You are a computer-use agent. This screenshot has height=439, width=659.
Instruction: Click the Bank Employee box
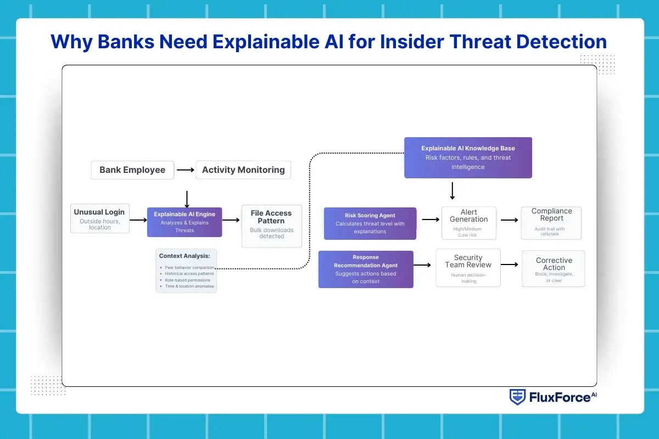(132, 170)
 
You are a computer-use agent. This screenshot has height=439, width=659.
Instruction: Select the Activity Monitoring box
(243, 170)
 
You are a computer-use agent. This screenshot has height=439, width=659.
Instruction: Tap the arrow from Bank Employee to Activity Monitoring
(186, 170)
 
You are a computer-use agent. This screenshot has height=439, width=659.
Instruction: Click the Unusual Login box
(99, 218)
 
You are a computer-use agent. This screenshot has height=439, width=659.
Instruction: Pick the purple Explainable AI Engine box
(185, 222)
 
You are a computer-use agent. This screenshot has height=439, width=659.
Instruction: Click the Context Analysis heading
(185, 256)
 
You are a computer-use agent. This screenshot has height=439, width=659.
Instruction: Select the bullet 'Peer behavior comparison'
(189, 267)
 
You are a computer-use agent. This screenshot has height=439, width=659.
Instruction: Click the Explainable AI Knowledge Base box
(468, 157)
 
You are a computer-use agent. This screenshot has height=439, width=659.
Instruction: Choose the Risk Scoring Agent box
(370, 223)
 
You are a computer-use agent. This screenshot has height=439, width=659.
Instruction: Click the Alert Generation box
(468, 223)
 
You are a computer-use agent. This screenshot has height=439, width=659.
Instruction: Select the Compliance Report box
(551, 223)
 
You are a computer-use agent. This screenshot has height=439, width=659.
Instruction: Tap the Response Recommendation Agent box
(366, 269)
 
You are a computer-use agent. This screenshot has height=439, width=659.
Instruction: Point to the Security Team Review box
(468, 267)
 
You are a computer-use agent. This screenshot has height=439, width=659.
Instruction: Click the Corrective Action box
(554, 268)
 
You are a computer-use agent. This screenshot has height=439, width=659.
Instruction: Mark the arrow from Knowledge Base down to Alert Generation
(452, 191)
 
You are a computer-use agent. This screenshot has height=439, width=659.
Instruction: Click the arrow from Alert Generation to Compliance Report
(509, 219)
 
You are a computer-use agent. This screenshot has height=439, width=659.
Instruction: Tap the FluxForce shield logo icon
(517, 397)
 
